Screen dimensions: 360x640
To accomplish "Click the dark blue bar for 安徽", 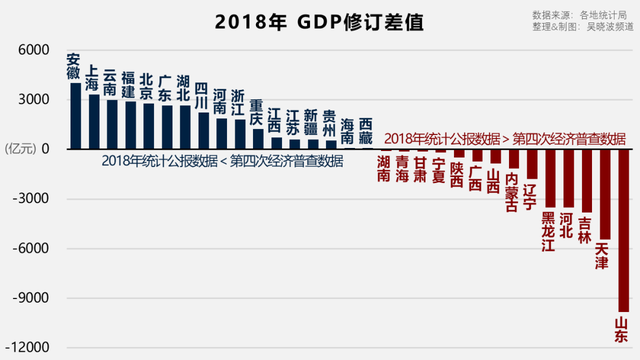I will coord(75,115).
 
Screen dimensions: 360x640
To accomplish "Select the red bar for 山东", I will coord(622,230).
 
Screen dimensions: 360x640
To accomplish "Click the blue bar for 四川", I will coord(203,130).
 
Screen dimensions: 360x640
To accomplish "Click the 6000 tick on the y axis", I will coord(33,50).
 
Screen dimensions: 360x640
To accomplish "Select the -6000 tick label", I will coord(30,248).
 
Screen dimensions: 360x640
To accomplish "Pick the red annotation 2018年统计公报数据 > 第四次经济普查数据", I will coord(504,137).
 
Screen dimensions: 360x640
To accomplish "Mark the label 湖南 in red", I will coord(385,168).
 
